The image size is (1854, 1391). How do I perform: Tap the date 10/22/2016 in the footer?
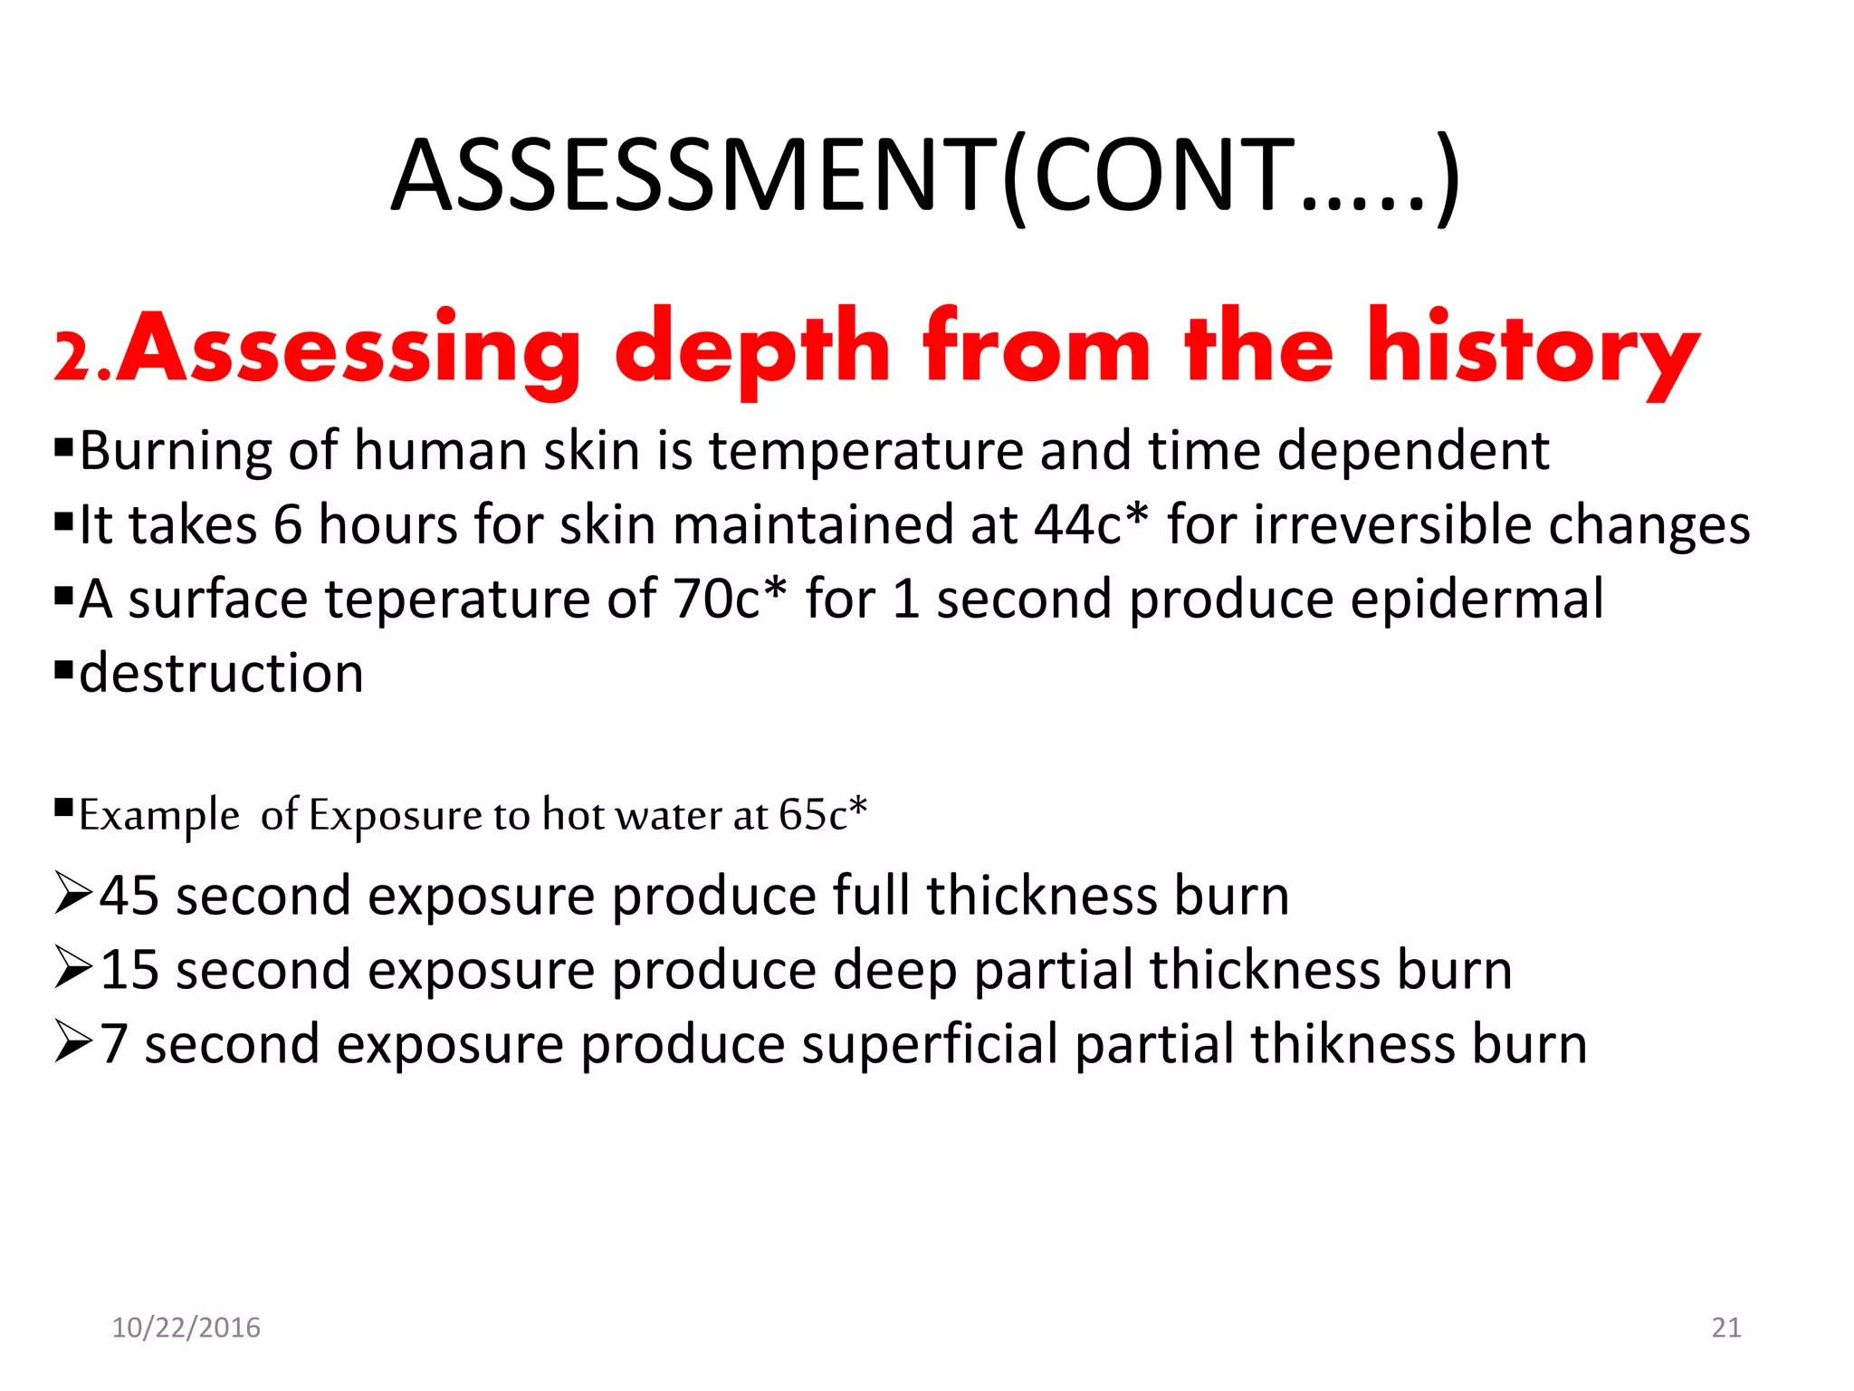[x=186, y=1328]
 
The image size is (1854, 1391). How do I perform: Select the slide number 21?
[x=1726, y=1328]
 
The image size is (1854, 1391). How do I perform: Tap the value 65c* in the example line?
[x=823, y=814]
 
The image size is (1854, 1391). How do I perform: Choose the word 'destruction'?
[x=221, y=674]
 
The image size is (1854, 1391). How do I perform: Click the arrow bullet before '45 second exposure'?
[x=72, y=894]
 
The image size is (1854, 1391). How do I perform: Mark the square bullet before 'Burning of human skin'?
[x=63, y=446]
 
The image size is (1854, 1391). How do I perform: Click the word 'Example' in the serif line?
[x=159, y=815]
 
